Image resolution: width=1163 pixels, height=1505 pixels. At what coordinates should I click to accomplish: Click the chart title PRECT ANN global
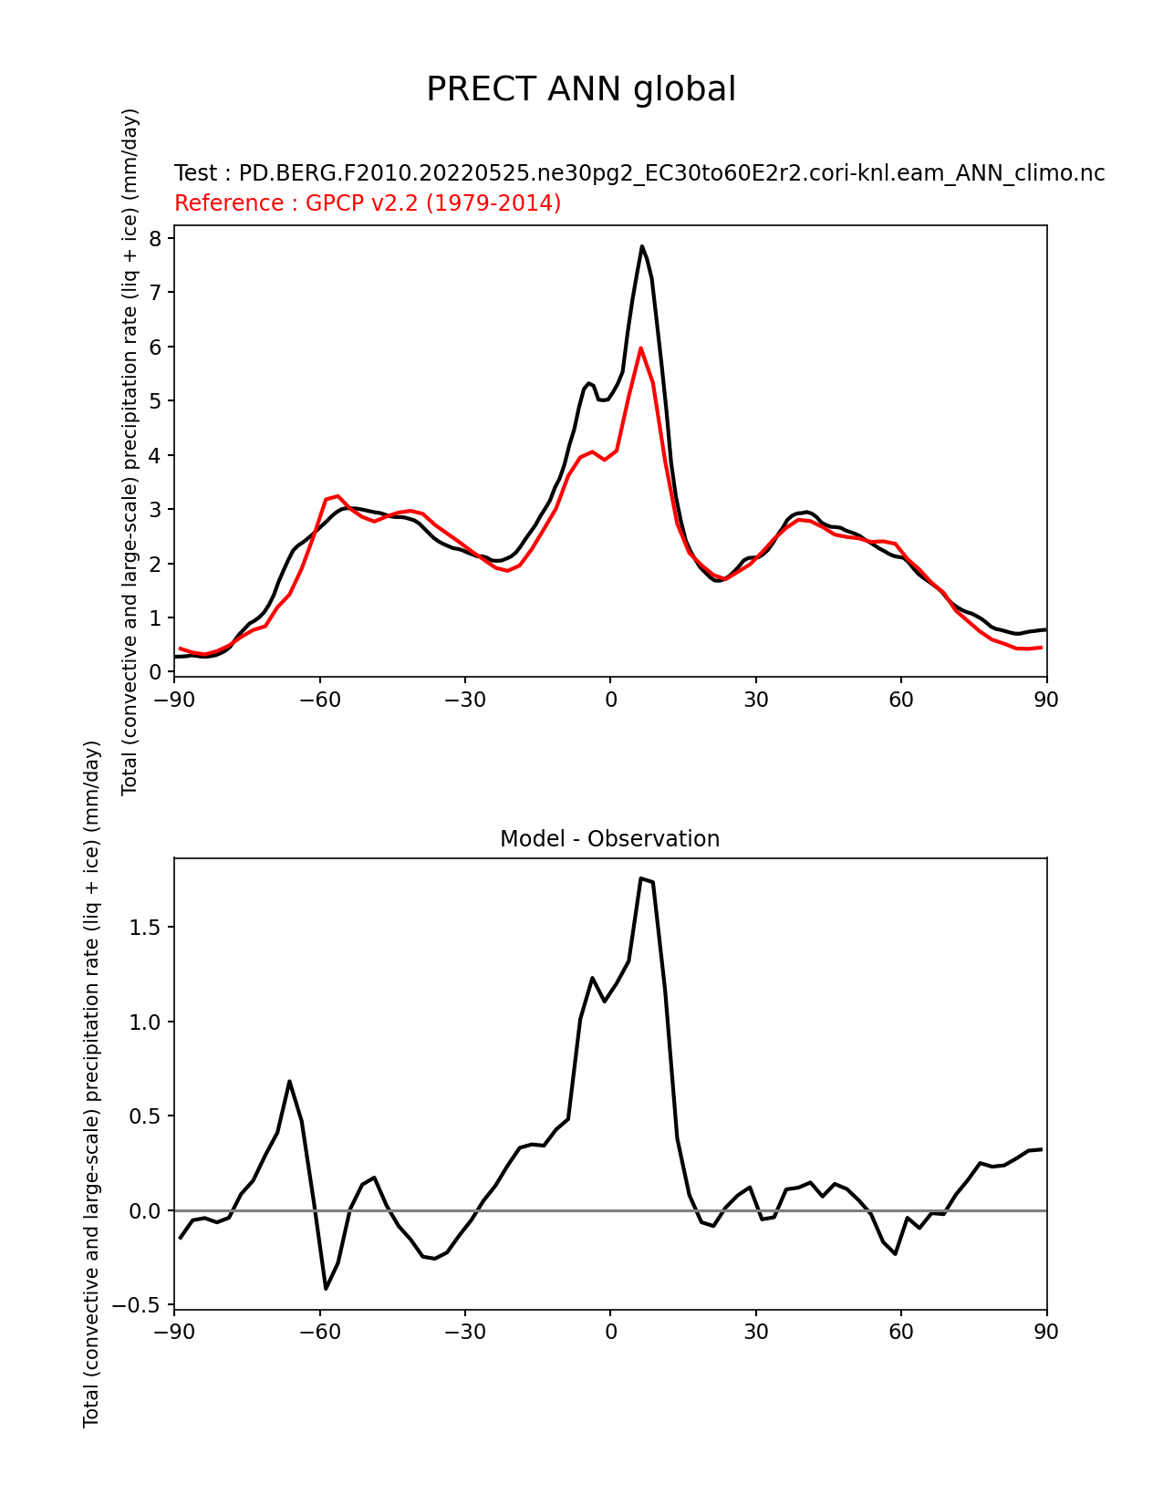[581, 89]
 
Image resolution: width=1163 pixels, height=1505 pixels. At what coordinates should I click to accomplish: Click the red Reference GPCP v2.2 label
[368, 202]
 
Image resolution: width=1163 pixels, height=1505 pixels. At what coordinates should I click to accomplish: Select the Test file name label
[639, 173]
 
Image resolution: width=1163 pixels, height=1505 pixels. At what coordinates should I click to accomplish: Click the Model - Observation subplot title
[609, 839]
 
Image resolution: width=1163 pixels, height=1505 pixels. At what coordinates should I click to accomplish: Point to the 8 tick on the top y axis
[155, 239]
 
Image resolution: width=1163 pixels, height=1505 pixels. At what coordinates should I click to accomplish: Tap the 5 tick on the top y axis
[155, 401]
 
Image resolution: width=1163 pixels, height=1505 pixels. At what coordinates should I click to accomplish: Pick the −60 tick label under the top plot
[319, 700]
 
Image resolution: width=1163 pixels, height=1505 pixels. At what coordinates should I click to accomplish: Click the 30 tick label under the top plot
[755, 700]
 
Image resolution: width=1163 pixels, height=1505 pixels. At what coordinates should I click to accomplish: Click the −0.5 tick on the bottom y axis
[137, 1305]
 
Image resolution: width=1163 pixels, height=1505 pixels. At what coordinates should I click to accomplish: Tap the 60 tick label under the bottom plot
[900, 1332]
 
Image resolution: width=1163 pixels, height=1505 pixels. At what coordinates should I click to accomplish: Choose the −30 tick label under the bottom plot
[464, 1332]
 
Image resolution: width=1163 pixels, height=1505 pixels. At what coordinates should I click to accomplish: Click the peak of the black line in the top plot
[642, 246]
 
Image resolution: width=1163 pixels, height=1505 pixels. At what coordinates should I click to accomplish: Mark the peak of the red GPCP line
[641, 348]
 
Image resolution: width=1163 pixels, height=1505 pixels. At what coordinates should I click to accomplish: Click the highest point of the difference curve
[641, 878]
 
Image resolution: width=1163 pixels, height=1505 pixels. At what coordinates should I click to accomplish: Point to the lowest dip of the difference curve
[326, 1288]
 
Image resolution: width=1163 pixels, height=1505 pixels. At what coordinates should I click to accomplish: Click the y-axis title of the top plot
[130, 451]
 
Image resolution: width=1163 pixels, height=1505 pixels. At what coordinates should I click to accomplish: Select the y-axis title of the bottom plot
[91, 1084]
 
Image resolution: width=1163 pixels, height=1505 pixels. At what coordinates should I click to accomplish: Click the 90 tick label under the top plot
[1045, 700]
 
